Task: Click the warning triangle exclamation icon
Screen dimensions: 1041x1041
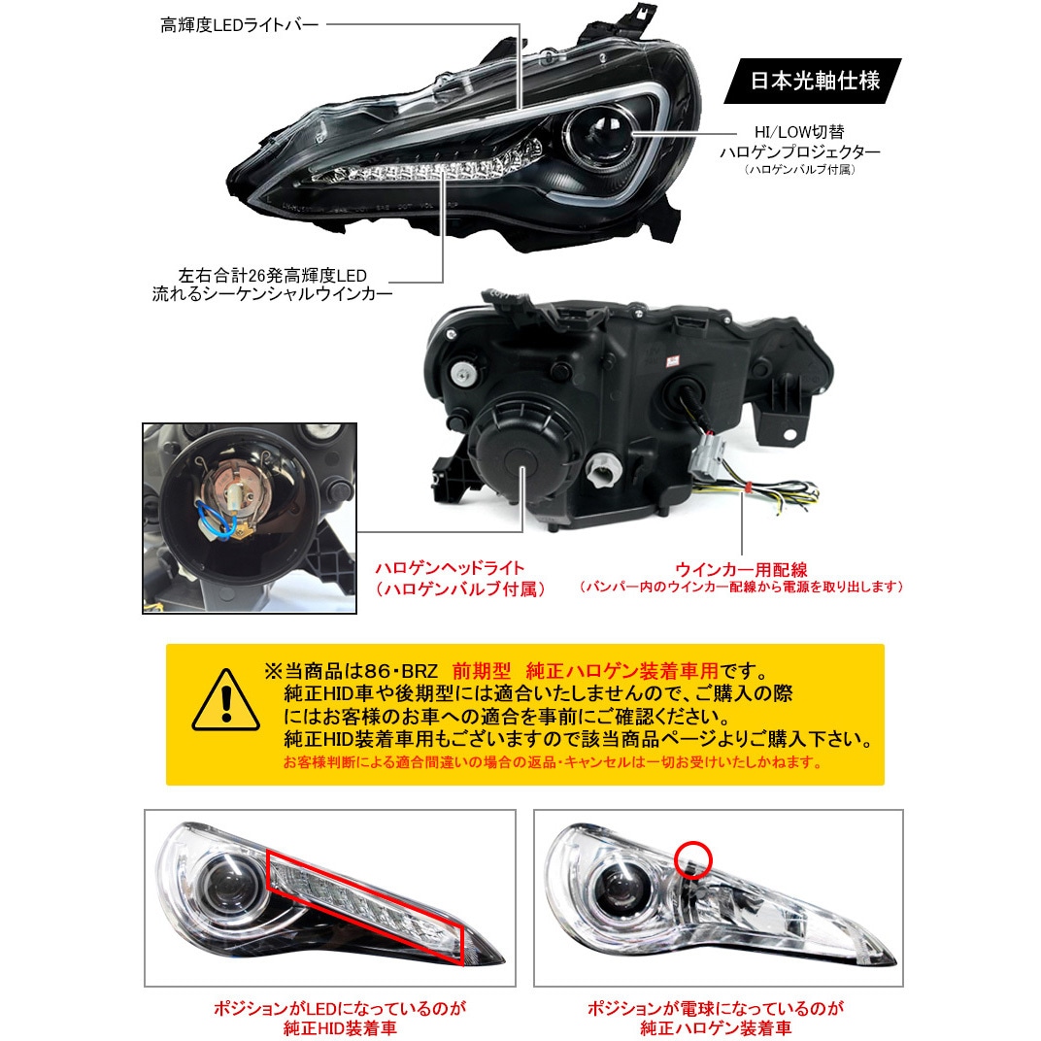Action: tap(225, 701)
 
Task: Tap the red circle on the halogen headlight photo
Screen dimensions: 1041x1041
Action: tap(693, 858)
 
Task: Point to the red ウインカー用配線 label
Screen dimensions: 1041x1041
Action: tap(742, 568)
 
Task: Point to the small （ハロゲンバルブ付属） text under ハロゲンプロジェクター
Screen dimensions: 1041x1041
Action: tap(799, 170)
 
